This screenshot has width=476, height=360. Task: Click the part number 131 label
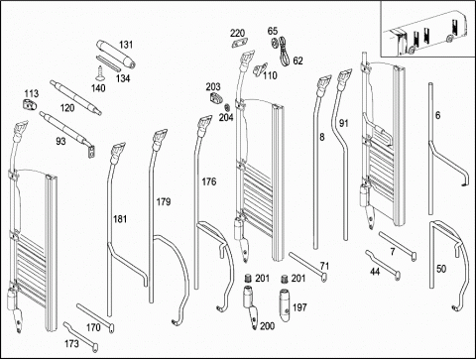(x=126, y=45)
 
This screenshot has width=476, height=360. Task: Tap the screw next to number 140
(x=100, y=73)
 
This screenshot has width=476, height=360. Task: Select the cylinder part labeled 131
(x=116, y=54)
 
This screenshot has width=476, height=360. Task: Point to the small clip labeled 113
(x=30, y=105)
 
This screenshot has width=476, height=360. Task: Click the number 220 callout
(x=237, y=33)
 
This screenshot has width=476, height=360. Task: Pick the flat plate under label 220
(x=240, y=44)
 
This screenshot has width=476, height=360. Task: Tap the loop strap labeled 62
(x=284, y=51)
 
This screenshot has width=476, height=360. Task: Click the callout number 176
(x=209, y=181)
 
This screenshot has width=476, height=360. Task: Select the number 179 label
(x=164, y=201)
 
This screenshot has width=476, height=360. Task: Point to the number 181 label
(x=120, y=219)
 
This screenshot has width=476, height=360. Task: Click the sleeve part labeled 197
(x=286, y=304)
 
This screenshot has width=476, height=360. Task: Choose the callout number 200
(x=267, y=326)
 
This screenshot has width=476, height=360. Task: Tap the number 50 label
(x=441, y=269)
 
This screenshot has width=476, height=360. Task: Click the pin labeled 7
(x=398, y=246)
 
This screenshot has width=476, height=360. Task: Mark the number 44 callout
(x=375, y=272)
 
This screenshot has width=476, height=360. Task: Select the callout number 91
(x=344, y=123)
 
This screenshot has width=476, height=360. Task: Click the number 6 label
(x=438, y=115)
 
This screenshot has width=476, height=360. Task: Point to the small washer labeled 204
(x=227, y=108)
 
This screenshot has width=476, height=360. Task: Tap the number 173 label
(x=71, y=344)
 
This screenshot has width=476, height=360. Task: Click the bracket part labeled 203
(x=216, y=97)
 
